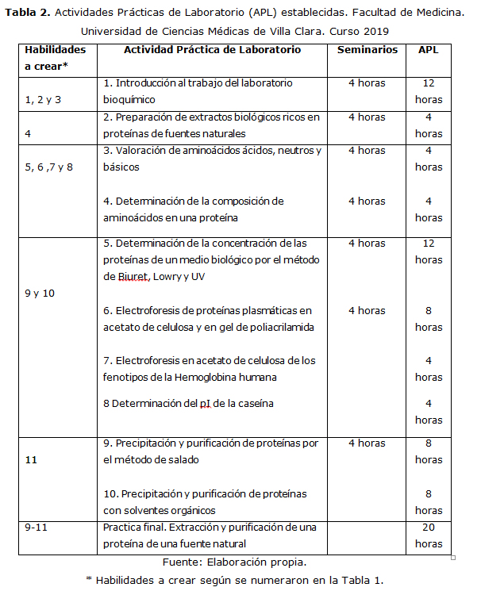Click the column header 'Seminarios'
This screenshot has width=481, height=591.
[x=367, y=49]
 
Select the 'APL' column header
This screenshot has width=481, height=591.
[x=428, y=49]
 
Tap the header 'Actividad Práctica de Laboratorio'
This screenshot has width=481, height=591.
[x=212, y=49]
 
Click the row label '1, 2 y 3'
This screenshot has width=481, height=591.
[x=44, y=100]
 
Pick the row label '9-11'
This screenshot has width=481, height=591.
[x=37, y=527]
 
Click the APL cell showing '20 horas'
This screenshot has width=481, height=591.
[x=428, y=535]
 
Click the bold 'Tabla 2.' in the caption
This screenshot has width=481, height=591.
[x=28, y=13]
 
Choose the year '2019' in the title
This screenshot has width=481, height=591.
[x=375, y=31]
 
